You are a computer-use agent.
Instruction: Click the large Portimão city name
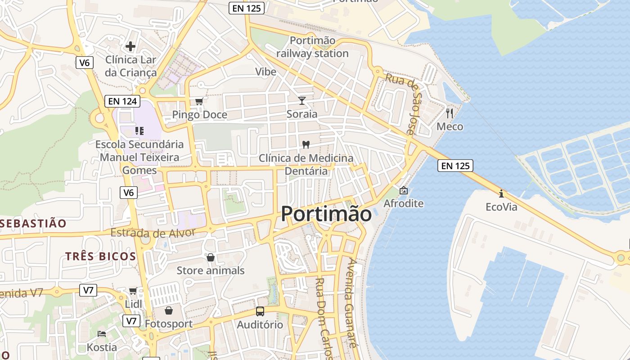326,214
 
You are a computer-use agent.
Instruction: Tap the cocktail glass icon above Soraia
302,100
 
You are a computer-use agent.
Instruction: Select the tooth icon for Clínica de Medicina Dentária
306,144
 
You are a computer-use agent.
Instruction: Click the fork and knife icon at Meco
449,113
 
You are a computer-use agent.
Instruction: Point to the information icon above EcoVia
501,193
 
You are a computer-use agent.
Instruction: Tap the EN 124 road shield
122,101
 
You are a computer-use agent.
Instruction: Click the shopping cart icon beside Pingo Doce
199,101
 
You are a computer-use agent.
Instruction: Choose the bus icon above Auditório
260,311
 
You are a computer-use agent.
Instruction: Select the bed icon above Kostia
102,334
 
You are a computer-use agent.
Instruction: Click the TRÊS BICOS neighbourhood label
100,256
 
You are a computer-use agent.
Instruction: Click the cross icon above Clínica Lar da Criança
130,46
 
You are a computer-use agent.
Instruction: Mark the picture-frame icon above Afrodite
404,190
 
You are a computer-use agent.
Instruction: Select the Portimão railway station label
312,47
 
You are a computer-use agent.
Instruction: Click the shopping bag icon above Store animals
210,257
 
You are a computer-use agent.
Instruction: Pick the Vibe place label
265,72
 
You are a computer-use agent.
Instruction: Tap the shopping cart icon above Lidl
133,291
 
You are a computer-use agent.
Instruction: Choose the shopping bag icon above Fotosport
169,310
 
